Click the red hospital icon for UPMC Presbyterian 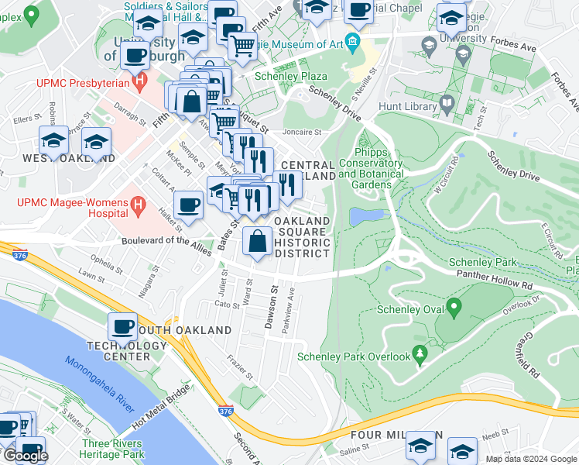point(139,80)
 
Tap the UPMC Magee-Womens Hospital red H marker point(138,206)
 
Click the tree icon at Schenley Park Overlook point(420,356)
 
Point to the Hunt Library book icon point(447,103)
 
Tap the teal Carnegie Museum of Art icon point(354,42)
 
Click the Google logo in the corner point(26,456)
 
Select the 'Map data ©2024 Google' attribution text point(530,459)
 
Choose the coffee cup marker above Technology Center point(123,325)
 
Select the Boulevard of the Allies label point(167,241)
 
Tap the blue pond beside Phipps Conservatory point(365,216)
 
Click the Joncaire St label point(301,132)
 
